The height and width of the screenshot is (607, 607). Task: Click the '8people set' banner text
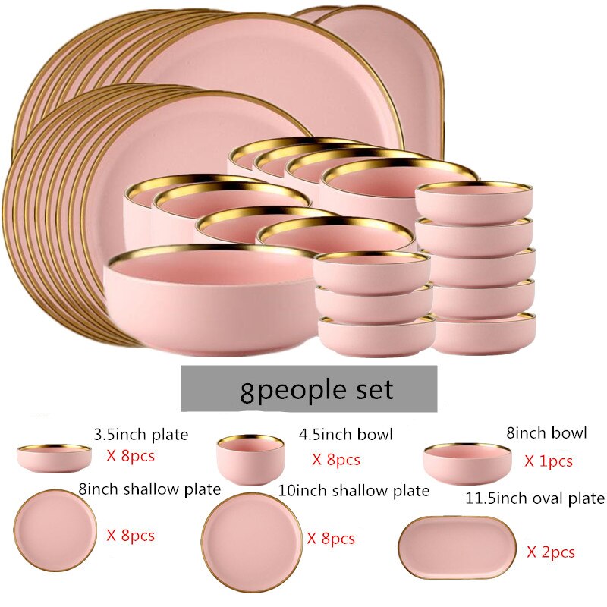[316, 390]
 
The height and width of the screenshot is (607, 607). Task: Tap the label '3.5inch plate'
[141, 435]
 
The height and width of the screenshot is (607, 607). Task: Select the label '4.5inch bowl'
[345, 434]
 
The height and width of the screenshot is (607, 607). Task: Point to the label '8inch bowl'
[546, 432]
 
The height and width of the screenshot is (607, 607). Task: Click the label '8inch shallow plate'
[149, 489]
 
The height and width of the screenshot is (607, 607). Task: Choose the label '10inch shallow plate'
[354, 491]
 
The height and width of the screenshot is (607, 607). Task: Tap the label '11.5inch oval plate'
[535, 498]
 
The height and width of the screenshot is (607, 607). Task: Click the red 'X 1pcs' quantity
[548, 461]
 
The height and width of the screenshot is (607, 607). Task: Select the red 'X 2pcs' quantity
[551, 552]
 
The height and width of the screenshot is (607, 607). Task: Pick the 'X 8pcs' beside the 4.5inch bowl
[336, 460]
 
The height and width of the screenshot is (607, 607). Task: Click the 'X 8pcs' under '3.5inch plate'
[131, 456]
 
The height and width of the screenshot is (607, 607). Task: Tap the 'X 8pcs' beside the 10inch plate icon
[331, 539]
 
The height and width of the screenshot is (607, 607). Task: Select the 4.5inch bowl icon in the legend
[250, 460]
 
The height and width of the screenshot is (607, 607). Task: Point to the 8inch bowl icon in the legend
[467, 464]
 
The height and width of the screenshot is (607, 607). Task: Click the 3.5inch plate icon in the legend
[54, 459]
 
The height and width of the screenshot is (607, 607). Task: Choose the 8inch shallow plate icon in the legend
[55, 530]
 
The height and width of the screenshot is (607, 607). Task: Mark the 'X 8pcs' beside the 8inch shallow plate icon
[131, 536]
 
